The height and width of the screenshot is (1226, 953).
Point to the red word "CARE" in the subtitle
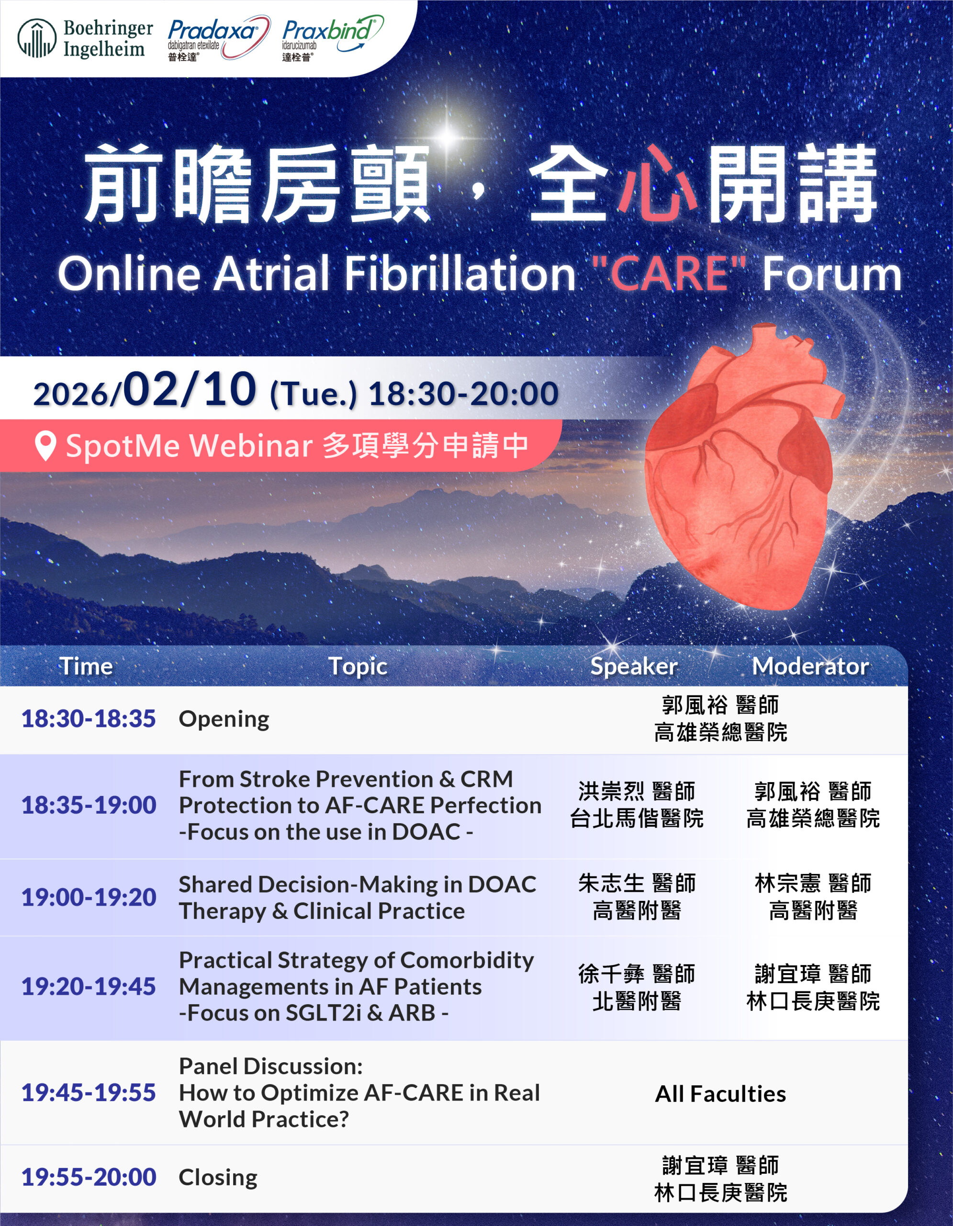tap(669, 273)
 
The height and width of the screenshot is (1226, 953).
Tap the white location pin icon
tap(45, 446)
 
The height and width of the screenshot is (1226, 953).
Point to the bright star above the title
tap(447, 135)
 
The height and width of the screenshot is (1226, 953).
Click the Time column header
tap(86, 666)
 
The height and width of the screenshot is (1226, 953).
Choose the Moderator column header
tap(810, 666)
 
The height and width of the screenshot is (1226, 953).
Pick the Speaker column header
tap(634, 666)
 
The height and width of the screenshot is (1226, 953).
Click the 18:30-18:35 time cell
tap(89, 718)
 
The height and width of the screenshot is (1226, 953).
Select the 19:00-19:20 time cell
tap(89, 897)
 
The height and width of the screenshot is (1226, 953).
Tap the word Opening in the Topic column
tap(224, 720)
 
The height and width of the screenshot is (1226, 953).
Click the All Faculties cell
tap(721, 1094)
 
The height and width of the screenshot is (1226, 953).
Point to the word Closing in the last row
tap(218, 1178)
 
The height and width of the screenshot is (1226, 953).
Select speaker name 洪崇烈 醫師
tap(637, 792)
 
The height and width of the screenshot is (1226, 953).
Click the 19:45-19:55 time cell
tap(89, 1092)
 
